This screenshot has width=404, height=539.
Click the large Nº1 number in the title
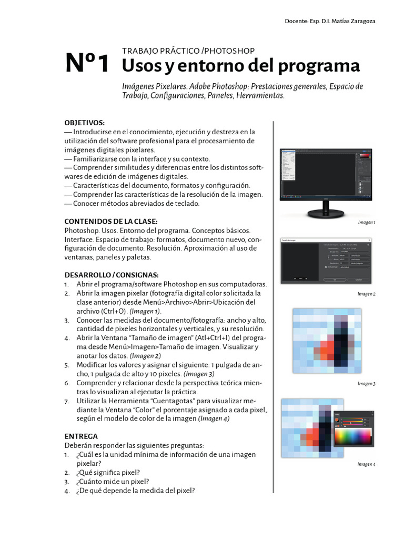coord(87,63)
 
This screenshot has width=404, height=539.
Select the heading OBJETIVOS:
coord(84,123)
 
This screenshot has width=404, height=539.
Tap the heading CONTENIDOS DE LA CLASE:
coord(110,221)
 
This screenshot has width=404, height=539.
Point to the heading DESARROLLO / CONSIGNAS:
coord(111,275)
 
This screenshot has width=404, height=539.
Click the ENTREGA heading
coord(81,436)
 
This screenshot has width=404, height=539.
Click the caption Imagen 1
coord(366,223)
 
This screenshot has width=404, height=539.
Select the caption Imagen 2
coord(366,294)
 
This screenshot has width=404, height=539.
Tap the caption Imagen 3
coord(366,384)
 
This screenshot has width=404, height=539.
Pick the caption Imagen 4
coord(366,464)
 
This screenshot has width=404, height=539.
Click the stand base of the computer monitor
coord(327,214)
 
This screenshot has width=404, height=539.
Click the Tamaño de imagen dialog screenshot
coord(327,261)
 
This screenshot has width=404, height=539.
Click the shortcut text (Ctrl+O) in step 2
coord(114,311)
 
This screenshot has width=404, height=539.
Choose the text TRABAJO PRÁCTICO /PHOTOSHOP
coord(188,51)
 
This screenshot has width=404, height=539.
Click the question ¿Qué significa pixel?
coord(108,472)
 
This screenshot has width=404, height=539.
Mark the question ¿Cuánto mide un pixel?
coord(112,481)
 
